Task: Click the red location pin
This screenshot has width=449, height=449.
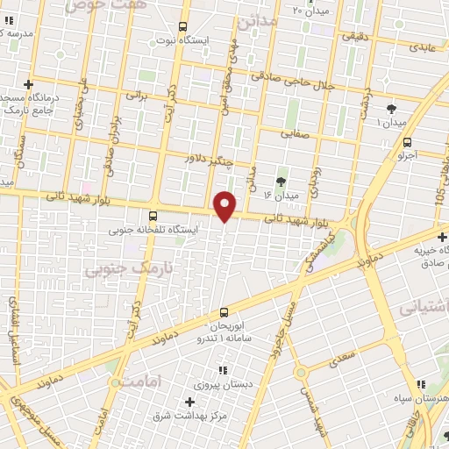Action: [226, 205]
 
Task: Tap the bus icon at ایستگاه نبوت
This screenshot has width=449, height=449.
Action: [182, 26]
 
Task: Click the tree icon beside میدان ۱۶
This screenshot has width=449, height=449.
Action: [281, 182]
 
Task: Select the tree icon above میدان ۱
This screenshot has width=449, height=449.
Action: [391, 109]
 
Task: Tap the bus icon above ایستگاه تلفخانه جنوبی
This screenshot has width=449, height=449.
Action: [153, 216]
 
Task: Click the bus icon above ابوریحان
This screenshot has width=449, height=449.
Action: [224, 312]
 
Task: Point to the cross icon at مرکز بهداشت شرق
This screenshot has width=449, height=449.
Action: [189, 402]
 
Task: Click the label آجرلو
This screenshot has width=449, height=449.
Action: [407, 154]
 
